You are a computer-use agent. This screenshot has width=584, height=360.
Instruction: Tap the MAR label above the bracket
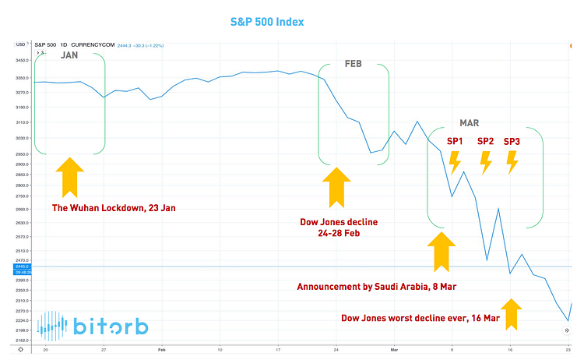pyautogui.click(x=470, y=123)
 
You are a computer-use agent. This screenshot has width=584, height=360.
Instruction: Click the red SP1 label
pyautogui.click(x=455, y=141)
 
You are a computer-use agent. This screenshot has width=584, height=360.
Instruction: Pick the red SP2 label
pyautogui.click(x=485, y=141)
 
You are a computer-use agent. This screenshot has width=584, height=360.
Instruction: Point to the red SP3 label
pyautogui.click(x=512, y=141)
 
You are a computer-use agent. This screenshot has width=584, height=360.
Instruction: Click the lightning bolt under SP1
pyautogui.click(x=455, y=162)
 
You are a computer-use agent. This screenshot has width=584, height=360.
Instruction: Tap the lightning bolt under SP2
pyautogui.click(x=485, y=162)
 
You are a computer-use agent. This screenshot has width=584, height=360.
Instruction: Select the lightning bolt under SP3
pyautogui.click(x=512, y=162)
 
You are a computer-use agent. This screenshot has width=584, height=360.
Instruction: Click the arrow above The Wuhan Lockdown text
pyautogui.click(x=70, y=176)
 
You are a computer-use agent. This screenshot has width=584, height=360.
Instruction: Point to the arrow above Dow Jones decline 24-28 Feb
pyautogui.click(x=336, y=186)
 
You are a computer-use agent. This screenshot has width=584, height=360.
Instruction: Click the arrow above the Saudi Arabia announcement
pyautogui.click(x=442, y=252)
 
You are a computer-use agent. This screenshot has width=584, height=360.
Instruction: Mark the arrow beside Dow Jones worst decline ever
pyautogui.click(x=511, y=314)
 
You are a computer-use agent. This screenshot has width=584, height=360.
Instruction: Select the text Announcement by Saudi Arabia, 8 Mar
pyautogui.click(x=376, y=286)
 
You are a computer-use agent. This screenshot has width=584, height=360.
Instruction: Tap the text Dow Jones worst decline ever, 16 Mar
pyautogui.click(x=420, y=317)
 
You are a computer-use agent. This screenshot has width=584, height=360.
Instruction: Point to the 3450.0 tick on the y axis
pyautogui.click(x=21, y=59)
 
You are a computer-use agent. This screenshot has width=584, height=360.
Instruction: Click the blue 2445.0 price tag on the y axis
pyautogui.click(x=21, y=267)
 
